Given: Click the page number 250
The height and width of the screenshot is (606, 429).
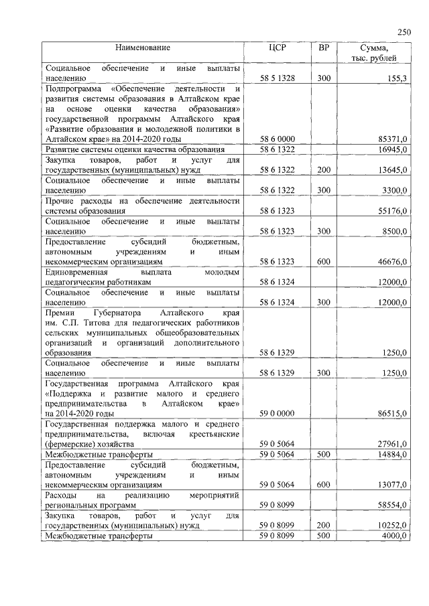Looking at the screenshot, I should coord(404,31).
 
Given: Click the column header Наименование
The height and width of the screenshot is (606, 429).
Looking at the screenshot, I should coord(142,48).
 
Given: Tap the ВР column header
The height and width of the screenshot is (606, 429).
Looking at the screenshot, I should coord(324,48).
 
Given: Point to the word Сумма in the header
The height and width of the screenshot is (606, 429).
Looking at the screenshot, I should coord(375,48).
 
